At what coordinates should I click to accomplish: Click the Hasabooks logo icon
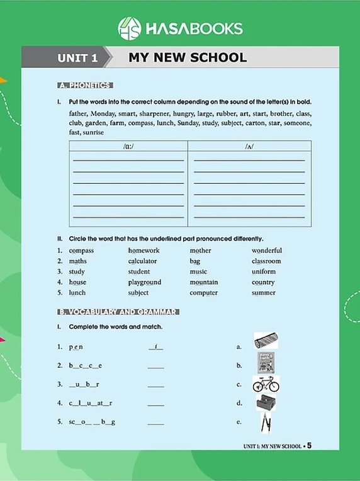point(130,28)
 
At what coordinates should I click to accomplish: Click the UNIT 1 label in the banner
point(77,59)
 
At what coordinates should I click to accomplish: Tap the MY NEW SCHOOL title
point(188,59)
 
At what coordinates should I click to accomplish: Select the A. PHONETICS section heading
point(84,86)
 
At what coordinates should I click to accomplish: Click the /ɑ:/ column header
point(128,146)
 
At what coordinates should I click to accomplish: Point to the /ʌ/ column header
point(249,146)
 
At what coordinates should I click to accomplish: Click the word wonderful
point(267,251)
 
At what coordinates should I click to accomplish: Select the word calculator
point(142,261)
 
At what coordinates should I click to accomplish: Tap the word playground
point(144,283)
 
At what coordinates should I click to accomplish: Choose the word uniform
point(264,272)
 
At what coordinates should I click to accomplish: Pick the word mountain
point(204,283)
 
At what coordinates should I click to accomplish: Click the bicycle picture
point(266,383)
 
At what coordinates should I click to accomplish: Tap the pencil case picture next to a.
point(266,341)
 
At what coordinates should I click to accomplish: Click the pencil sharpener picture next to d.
point(266,403)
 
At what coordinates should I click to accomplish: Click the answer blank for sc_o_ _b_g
point(155,423)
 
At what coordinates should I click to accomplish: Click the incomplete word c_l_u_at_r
point(91,403)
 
